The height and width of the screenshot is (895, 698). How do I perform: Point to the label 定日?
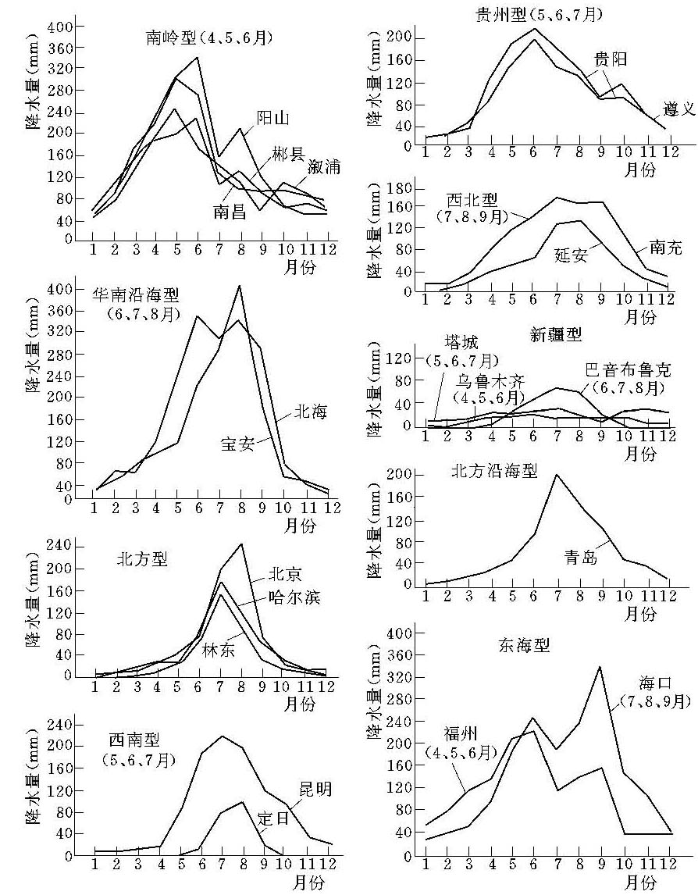tap(273, 819)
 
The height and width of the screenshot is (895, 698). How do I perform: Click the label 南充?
tap(665, 249)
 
